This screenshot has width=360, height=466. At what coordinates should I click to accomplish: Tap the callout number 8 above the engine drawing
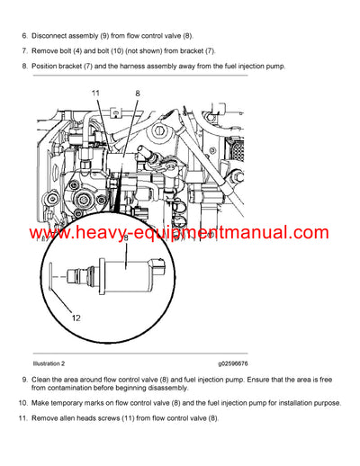138,93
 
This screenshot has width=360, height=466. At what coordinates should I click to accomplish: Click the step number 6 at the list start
23,34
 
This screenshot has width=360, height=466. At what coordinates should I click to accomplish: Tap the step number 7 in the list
23,50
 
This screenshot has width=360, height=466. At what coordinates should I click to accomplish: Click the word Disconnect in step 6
51,34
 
